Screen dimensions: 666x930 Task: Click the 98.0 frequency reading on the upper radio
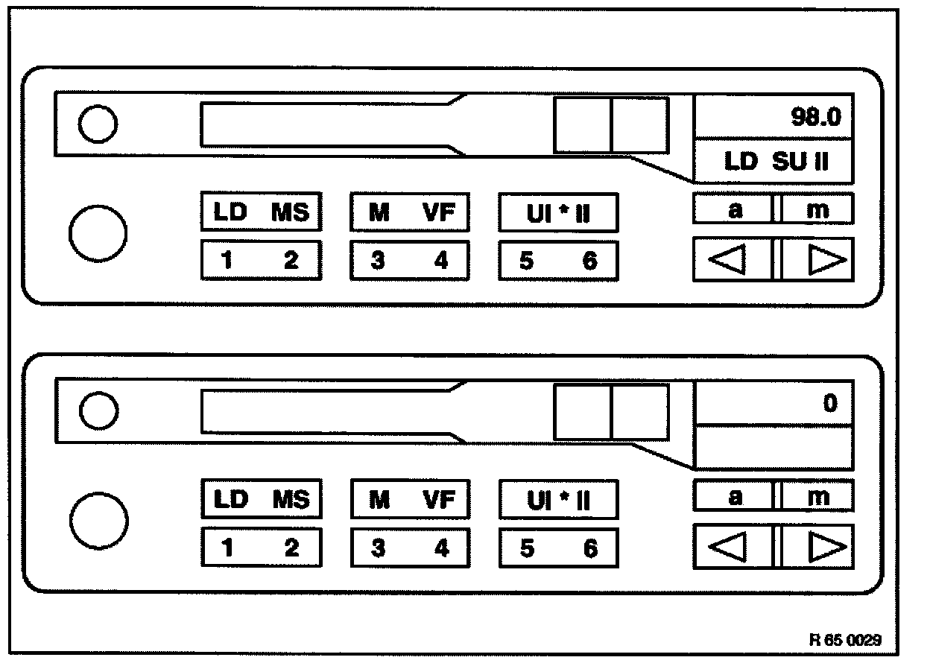point(814,118)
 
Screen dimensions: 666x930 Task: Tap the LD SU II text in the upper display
point(776,162)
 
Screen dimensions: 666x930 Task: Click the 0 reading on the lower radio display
point(829,405)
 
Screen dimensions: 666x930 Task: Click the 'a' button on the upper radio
point(734,210)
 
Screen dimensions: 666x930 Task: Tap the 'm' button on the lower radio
point(817,497)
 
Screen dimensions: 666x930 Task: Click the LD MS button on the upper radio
point(261,212)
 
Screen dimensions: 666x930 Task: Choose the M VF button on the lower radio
point(410,499)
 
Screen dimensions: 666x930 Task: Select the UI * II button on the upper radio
point(558,214)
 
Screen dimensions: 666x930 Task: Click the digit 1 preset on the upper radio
point(227,261)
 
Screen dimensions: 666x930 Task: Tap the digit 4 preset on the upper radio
point(441,261)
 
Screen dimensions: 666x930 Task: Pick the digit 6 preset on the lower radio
point(590,549)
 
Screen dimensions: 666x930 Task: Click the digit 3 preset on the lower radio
point(379,549)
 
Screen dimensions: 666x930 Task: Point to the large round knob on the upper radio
point(98,232)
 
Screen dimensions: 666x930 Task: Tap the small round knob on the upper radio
point(98,124)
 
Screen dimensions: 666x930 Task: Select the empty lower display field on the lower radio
point(774,448)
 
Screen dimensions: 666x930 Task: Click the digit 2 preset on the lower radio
point(291,549)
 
